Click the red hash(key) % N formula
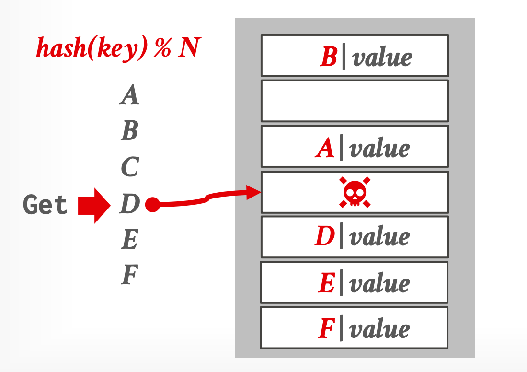click(118, 48)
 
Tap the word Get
click(46, 205)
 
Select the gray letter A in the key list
click(129, 94)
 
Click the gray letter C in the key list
click(129, 167)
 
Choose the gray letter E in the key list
click(129, 240)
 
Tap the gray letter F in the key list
click(129, 276)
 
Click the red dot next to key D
click(152, 205)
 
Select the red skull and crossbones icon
click(355, 192)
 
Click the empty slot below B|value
click(355, 101)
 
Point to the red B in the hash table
click(329, 58)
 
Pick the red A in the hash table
click(325, 149)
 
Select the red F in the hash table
click(326, 329)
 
